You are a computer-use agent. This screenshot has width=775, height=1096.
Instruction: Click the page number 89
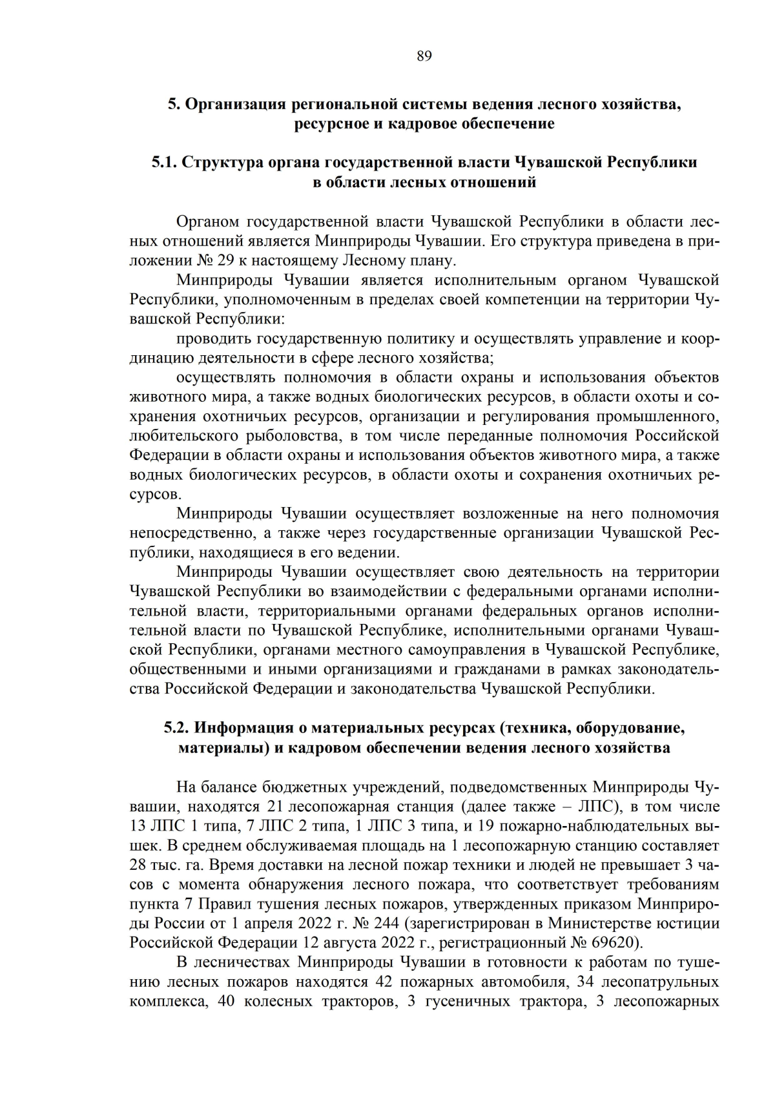point(424,56)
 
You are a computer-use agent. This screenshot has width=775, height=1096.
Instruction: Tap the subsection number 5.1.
point(164,162)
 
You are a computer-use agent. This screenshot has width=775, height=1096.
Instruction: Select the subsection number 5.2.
point(176,729)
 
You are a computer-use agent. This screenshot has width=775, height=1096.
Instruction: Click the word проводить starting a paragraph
point(213,338)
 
